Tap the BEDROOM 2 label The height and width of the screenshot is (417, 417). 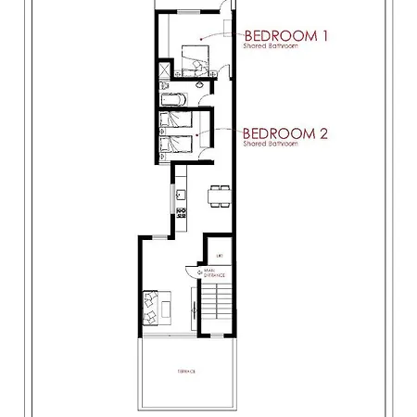[x=286, y=133]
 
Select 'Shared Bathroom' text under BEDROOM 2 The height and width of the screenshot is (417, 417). [x=270, y=144]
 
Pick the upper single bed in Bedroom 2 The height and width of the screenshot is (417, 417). [x=178, y=121]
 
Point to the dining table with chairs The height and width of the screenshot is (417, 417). [x=220, y=194]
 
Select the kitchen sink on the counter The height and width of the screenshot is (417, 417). [x=182, y=195]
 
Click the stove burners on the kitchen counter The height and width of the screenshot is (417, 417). [x=182, y=215]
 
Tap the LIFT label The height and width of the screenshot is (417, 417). [x=220, y=255]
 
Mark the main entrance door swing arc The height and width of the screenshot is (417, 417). [x=193, y=272]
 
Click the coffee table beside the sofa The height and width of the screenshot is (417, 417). [x=170, y=305]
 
